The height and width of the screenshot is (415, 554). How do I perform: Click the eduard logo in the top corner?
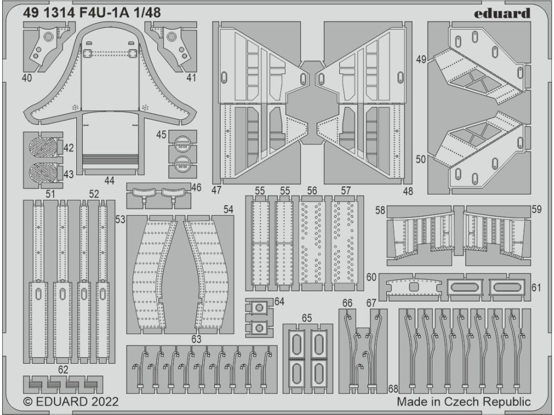tap(502, 14)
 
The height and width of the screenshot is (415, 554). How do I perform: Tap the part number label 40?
tap(28, 78)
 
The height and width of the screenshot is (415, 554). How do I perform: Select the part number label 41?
tap(190, 78)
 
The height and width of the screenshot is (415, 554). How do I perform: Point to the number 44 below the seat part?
tap(110, 181)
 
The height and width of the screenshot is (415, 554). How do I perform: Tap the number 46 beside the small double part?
tap(196, 188)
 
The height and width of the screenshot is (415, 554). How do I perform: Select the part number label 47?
tap(217, 190)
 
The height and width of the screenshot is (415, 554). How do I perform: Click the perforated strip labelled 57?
tap(346, 243)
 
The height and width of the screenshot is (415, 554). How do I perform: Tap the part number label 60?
tap(371, 277)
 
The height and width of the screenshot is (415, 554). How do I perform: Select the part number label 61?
tap(536, 287)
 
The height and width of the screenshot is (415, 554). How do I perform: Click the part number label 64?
tap(279, 301)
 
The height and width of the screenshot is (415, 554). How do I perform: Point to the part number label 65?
tap(306, 318)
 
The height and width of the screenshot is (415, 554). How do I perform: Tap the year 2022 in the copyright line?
tap(101, 402)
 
